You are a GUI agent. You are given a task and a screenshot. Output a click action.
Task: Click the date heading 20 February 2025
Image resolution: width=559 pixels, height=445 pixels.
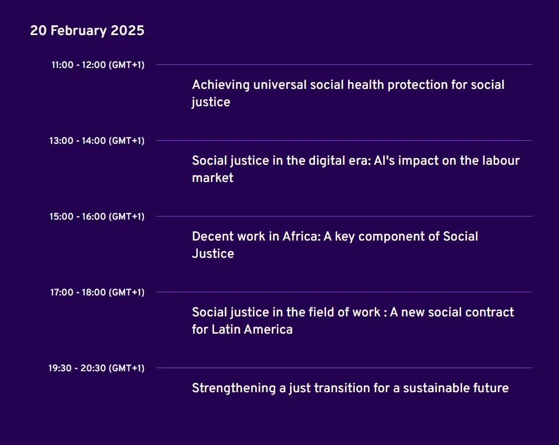87,31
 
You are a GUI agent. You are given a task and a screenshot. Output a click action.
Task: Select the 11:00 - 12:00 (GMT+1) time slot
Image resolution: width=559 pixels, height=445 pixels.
98,65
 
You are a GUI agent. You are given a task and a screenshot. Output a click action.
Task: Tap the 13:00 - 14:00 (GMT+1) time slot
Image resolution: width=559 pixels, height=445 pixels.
97,141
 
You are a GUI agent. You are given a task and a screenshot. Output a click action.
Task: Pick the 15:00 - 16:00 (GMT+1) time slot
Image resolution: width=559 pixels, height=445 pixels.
97,216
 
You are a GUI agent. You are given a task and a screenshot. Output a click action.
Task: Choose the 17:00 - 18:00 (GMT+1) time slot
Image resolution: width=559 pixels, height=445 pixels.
97,292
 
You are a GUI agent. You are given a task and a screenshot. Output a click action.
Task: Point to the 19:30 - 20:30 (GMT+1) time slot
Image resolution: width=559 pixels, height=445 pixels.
96,368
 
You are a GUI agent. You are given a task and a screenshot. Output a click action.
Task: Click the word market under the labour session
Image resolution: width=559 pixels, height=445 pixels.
213,178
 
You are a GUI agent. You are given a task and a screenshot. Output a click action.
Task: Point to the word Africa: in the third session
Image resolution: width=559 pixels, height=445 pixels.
301,236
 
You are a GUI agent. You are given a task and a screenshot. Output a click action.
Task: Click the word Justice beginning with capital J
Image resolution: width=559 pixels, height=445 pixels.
213,254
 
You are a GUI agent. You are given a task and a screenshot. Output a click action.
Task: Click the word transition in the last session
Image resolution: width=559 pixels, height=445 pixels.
342,388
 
